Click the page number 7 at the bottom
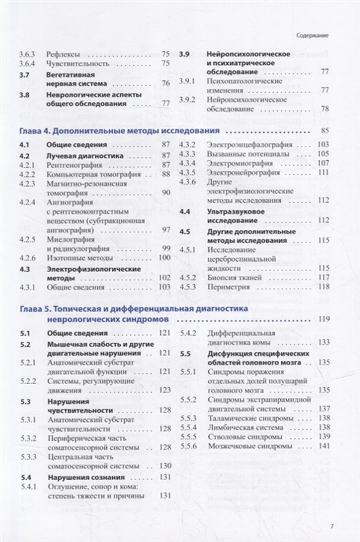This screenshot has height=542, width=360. (332, 528)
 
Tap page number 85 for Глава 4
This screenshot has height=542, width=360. (326, 130)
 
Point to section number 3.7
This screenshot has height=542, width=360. (24, 74)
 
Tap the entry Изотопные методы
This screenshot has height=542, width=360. (80, 257)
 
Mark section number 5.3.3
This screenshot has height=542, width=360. (28, 457)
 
